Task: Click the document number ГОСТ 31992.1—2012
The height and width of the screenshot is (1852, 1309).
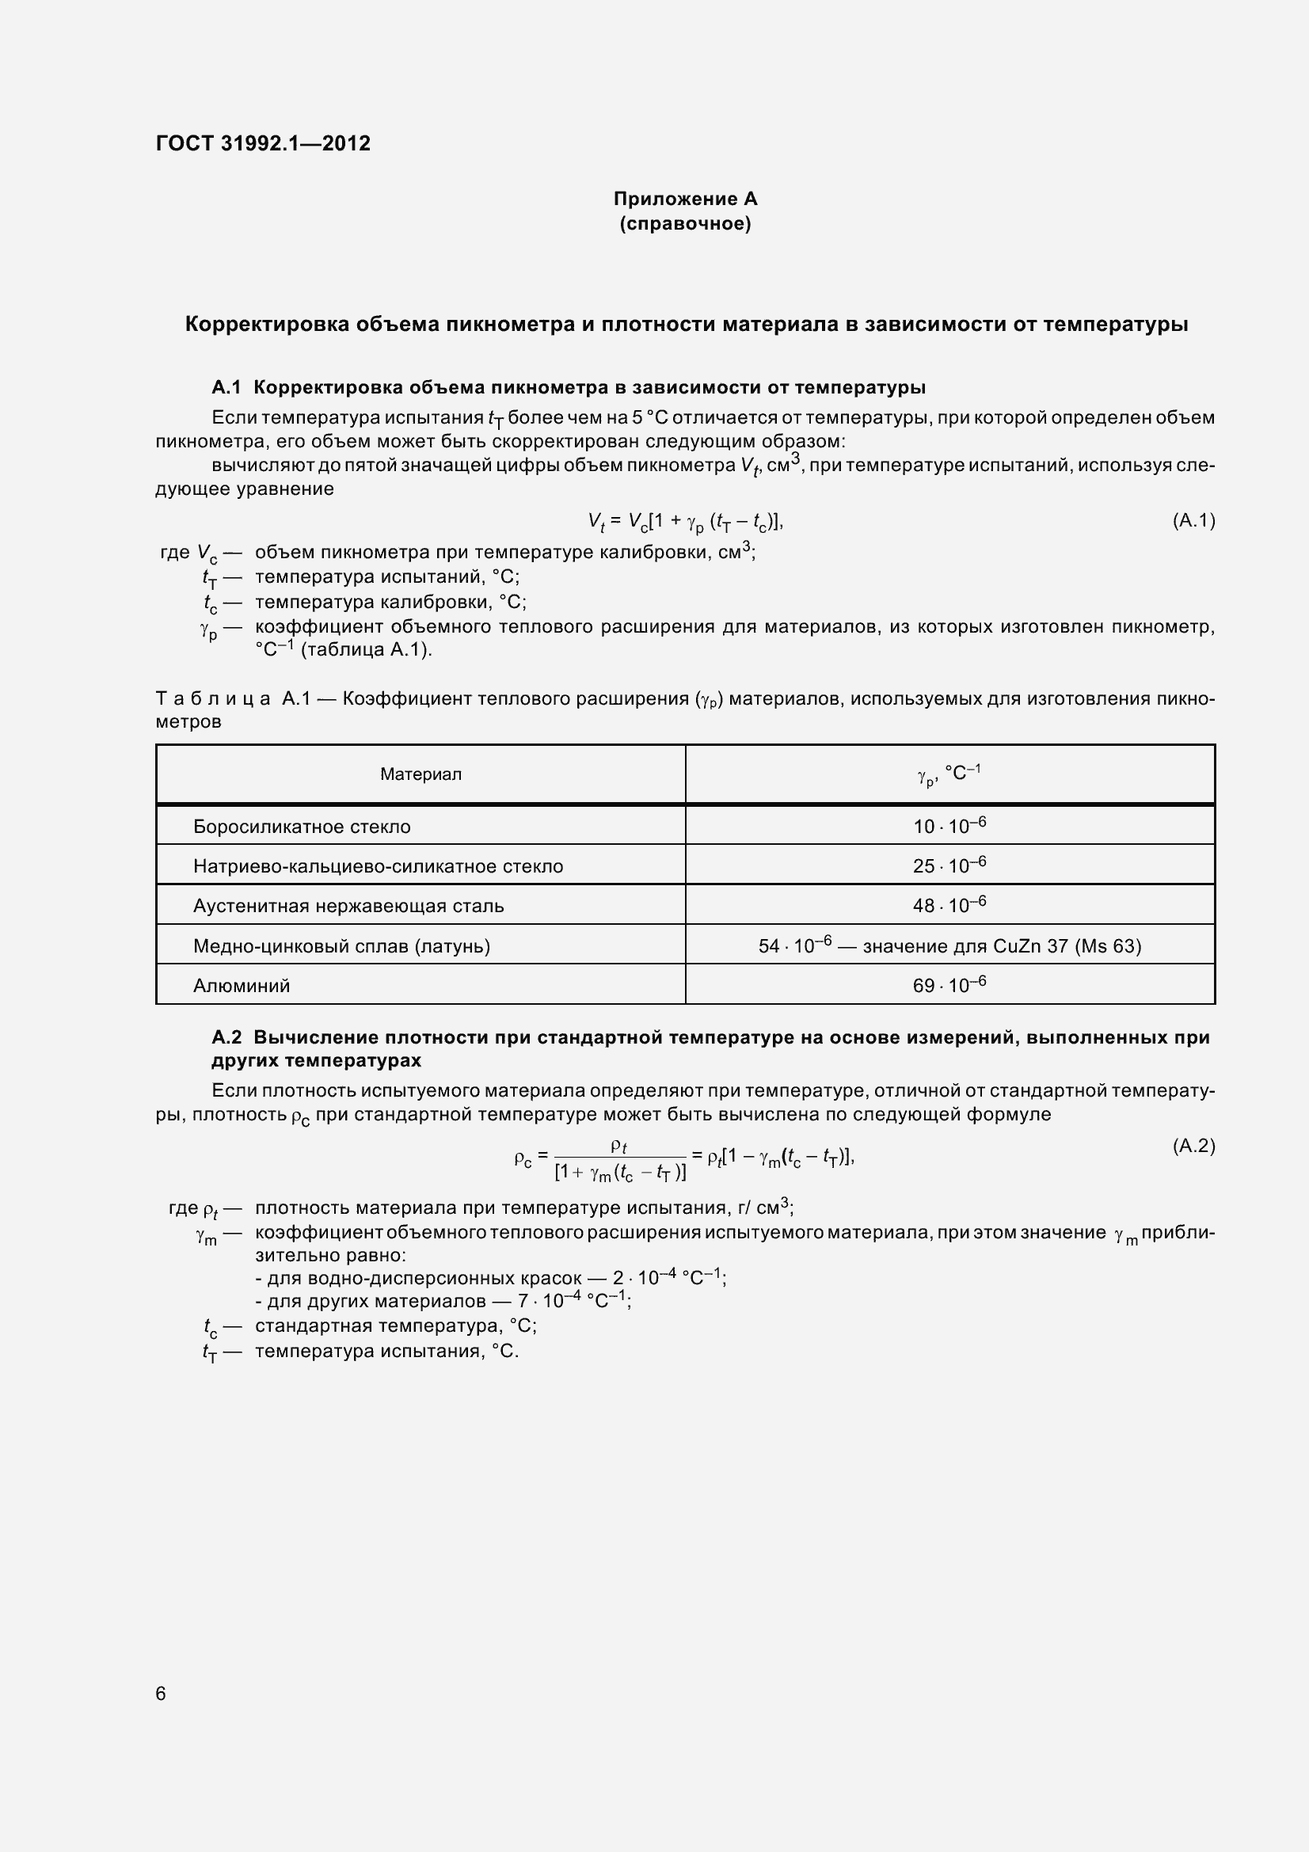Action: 263,143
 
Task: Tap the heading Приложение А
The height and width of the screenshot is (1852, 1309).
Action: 685,199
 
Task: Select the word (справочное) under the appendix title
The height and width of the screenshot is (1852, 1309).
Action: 685,223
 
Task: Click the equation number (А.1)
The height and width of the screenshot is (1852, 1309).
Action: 1193,520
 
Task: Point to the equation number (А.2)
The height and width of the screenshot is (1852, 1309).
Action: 1193,1146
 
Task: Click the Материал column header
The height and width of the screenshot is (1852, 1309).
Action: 420,774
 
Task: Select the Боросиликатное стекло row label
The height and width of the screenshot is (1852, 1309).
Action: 302,827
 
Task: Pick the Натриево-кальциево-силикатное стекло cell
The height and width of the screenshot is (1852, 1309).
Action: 378,866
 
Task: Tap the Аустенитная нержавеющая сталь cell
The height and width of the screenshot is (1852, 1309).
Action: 348,906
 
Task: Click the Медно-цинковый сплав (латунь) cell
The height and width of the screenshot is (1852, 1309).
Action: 341,946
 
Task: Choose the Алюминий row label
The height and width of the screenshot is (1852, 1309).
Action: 242,986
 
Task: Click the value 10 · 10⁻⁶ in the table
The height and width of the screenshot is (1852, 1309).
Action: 949,826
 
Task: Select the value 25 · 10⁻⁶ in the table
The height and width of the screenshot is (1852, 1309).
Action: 949,865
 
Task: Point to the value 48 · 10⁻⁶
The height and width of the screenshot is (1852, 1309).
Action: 949,905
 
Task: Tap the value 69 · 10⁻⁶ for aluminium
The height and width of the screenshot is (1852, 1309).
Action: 949,985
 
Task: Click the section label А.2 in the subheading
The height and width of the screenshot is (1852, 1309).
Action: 226,1037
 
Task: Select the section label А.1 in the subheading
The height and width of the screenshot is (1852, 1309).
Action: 226,387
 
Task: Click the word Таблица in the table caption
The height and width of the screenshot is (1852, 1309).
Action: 213,698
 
